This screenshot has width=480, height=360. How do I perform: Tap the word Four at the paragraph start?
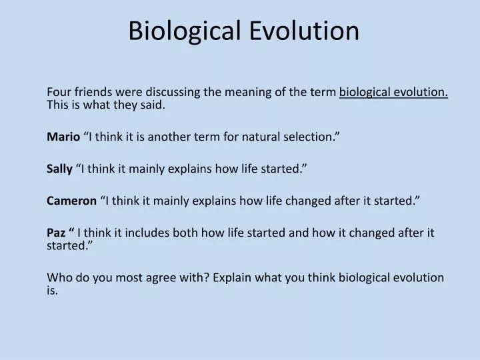[59, 92]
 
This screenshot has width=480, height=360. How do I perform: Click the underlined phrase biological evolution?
[393, 92]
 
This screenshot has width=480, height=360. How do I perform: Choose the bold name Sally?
[59, 169]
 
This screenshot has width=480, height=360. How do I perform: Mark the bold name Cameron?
[71, 201]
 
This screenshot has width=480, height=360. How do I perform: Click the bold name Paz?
[57, 233]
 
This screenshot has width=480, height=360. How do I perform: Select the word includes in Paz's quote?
[149, 233]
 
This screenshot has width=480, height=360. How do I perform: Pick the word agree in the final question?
[149, 277]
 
